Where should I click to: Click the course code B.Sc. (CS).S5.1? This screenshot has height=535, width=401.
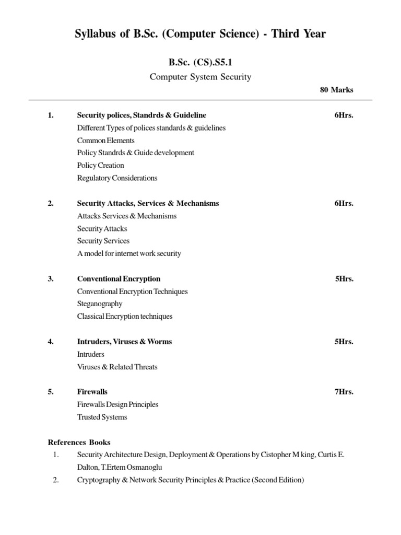tap(200, 62)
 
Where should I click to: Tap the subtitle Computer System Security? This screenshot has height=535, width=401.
tap(200, 77)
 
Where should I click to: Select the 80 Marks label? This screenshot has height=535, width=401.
tap(336, 90)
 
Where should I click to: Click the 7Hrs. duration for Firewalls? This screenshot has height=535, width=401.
tap(344, 392)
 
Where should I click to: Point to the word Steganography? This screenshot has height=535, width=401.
tap(100, 304)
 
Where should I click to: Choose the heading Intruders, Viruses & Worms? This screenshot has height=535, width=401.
tap(124, 342)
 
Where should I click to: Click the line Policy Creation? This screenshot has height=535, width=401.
tap(101, 165)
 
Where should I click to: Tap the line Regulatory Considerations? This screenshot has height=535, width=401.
tap(117, 178)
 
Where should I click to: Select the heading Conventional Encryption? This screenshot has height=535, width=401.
tap(119, 279)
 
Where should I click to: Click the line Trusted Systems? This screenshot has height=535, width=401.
tap(102, 417)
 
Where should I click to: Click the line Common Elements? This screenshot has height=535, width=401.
tap(105, 140)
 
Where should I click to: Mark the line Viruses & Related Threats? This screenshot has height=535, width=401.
tap(117, 367)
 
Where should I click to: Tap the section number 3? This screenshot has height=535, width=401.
tap(51, 279)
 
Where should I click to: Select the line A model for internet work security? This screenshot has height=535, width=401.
tap(129, 253)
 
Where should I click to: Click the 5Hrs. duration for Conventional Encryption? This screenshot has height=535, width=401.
tap(344, 279)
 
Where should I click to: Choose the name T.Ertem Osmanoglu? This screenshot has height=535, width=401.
tap(135, 467)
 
